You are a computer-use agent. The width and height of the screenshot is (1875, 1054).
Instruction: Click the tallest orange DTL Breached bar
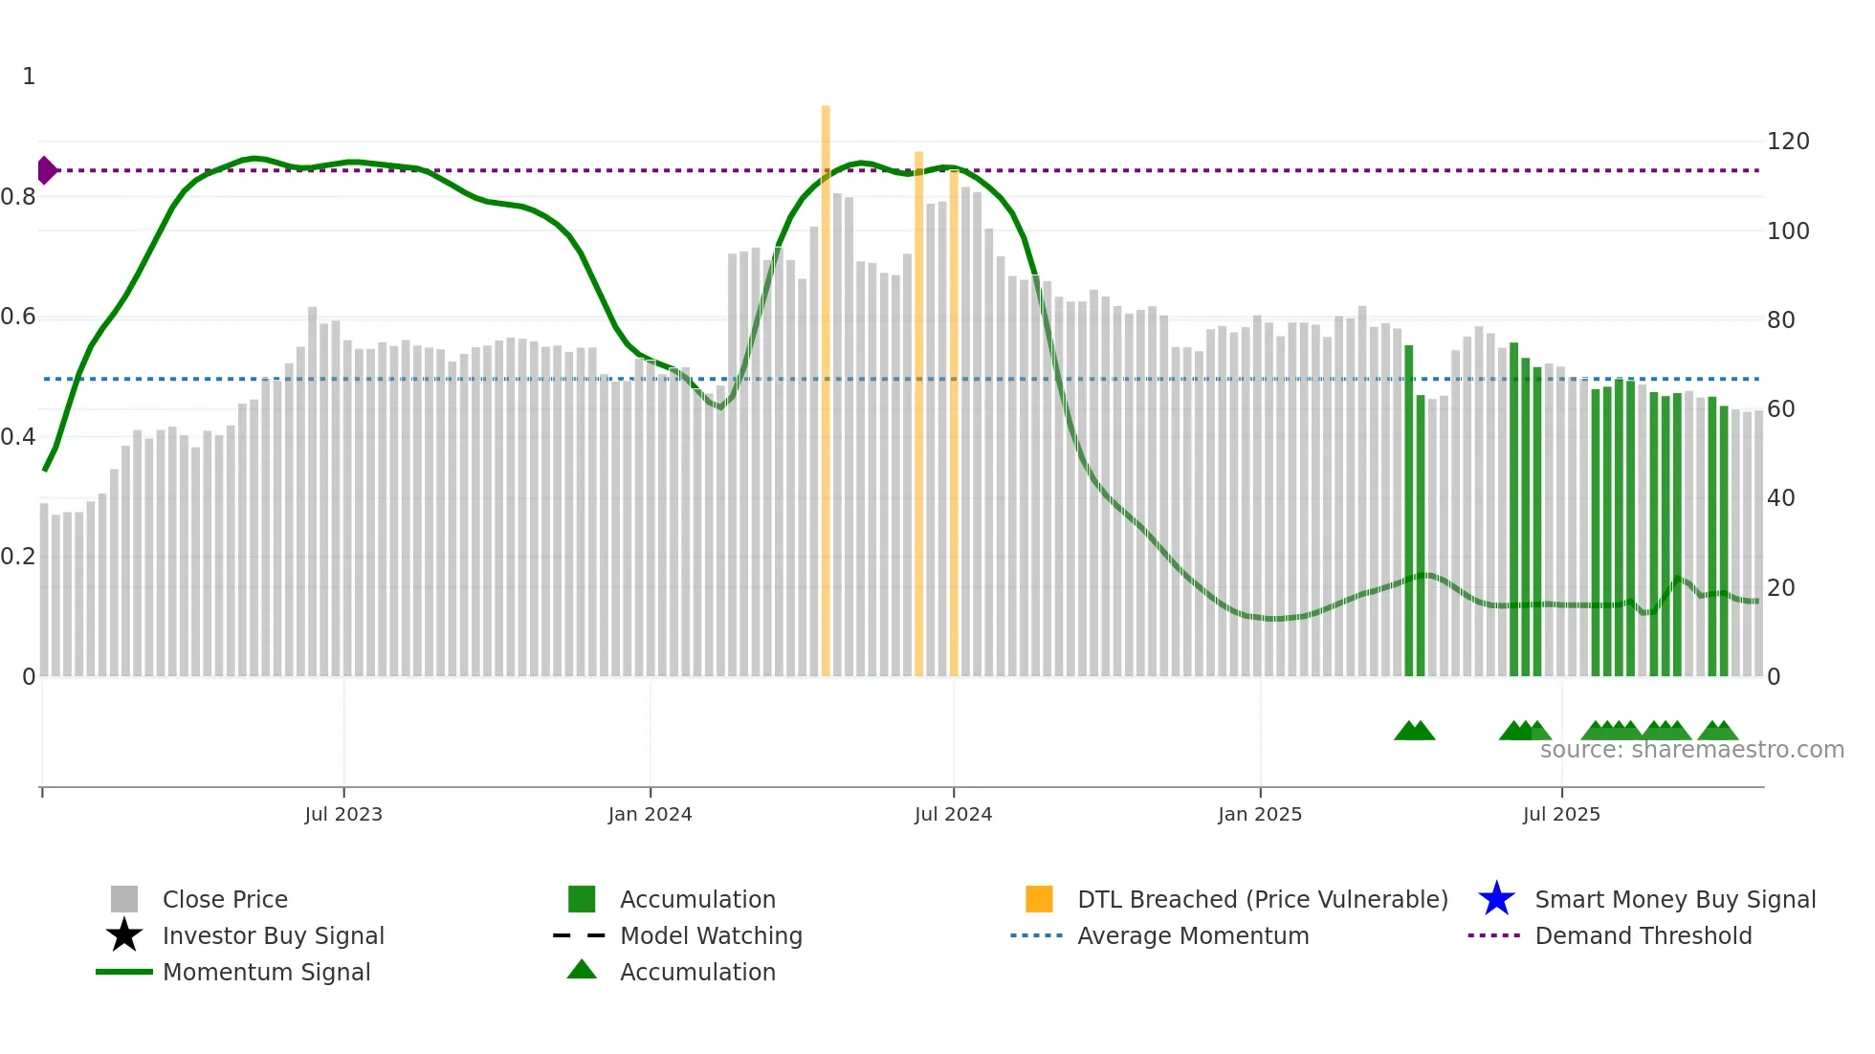pos(826,383)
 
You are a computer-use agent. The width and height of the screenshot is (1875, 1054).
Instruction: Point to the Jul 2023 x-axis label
pos(343,814)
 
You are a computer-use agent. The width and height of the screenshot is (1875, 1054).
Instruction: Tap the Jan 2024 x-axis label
pos(650,814)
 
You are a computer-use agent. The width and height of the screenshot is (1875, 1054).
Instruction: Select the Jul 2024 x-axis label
pos(953,814)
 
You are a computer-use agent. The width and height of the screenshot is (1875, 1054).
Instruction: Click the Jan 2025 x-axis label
pos(1259,814)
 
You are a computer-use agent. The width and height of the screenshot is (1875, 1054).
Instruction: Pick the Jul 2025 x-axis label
pos(1561,814)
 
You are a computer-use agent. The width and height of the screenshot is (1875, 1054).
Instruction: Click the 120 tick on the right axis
pos(1788,142)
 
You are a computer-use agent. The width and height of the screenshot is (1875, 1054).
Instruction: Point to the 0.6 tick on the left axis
pos(18,317)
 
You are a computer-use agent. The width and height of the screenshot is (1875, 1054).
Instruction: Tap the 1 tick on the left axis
pos(29,77)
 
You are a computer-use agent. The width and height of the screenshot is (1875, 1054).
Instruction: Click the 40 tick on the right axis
pos(1780,498)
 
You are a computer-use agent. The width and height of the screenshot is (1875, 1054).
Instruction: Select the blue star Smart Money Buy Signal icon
pos(1496,899)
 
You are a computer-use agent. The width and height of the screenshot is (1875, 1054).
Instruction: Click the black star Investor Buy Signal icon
pos(124,935)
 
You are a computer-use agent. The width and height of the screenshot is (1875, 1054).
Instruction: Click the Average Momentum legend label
pos(1193,935)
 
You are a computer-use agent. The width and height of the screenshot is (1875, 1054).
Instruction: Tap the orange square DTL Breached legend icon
pos(1039,899)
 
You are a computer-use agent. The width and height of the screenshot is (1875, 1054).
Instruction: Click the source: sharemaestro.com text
pos(1691,750)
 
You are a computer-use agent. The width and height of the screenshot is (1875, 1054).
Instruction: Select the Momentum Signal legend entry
pos(266,972)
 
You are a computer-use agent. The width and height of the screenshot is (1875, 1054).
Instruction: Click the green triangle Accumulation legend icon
pos(582,970)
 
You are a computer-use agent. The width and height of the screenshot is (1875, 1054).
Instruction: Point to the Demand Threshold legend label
pos(1643,935)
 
